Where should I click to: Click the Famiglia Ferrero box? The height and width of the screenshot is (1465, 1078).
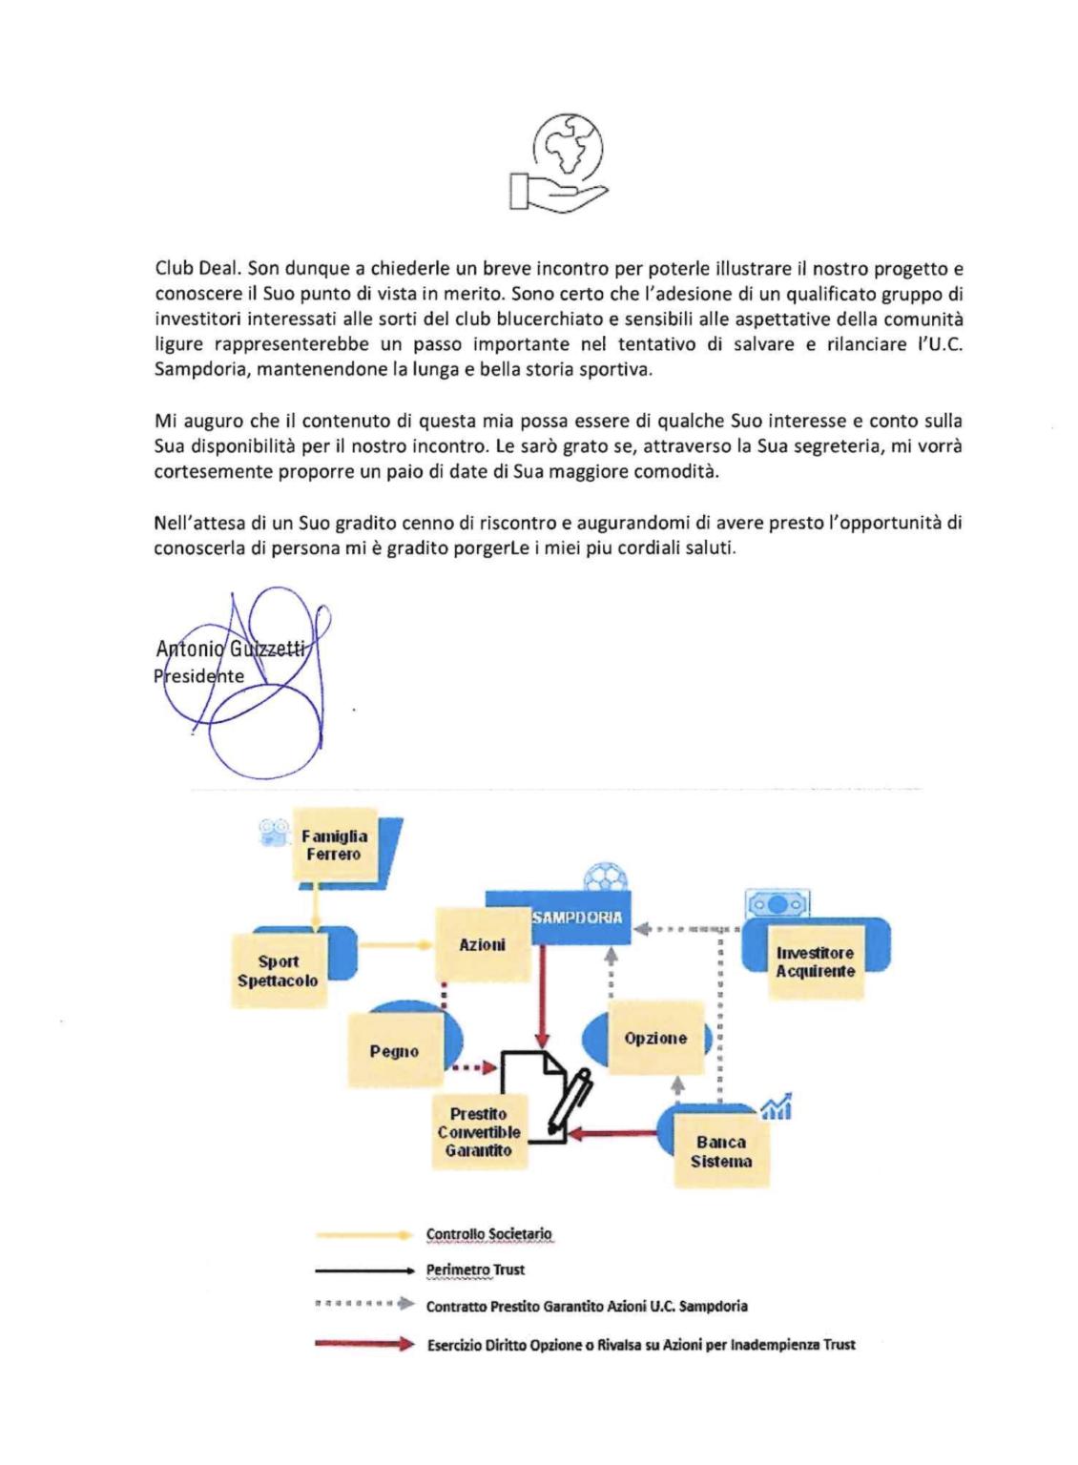coord(334,845)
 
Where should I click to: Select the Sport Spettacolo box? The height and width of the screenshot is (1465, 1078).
coord(278,971)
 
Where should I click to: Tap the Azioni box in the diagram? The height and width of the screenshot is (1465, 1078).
coord(482,944)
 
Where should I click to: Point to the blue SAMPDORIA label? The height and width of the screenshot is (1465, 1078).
coord(577,918)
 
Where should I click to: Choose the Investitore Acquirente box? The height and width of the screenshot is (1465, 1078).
coord(815,961)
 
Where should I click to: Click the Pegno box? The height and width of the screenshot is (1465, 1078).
coord(394,1051)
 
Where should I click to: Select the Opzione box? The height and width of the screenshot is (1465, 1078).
coord(655,1038)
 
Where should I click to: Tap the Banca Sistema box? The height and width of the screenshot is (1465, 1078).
coord(721,1151)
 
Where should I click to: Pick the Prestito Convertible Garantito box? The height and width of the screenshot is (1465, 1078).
coord(479,1132)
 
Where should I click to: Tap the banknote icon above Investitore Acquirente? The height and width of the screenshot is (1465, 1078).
coord(778,902)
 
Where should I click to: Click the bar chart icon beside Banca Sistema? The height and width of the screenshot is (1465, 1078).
coord(777,1106)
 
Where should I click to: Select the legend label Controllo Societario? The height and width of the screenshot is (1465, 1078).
coord(488,1234)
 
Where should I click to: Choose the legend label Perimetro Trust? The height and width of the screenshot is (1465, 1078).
coord(475,1269)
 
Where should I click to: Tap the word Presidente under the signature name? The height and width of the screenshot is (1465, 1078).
coord(199,676)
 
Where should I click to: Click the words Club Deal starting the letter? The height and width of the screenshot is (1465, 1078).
coord(191,270)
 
